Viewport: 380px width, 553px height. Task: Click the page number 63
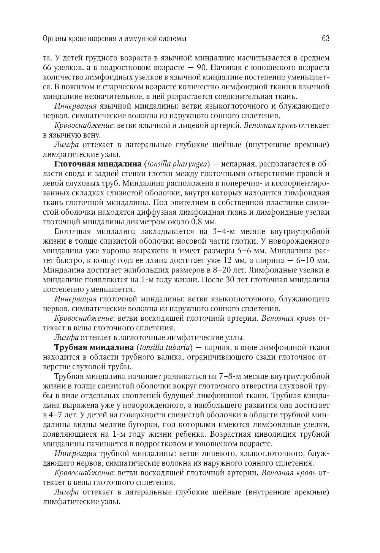(x=325, y=39)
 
